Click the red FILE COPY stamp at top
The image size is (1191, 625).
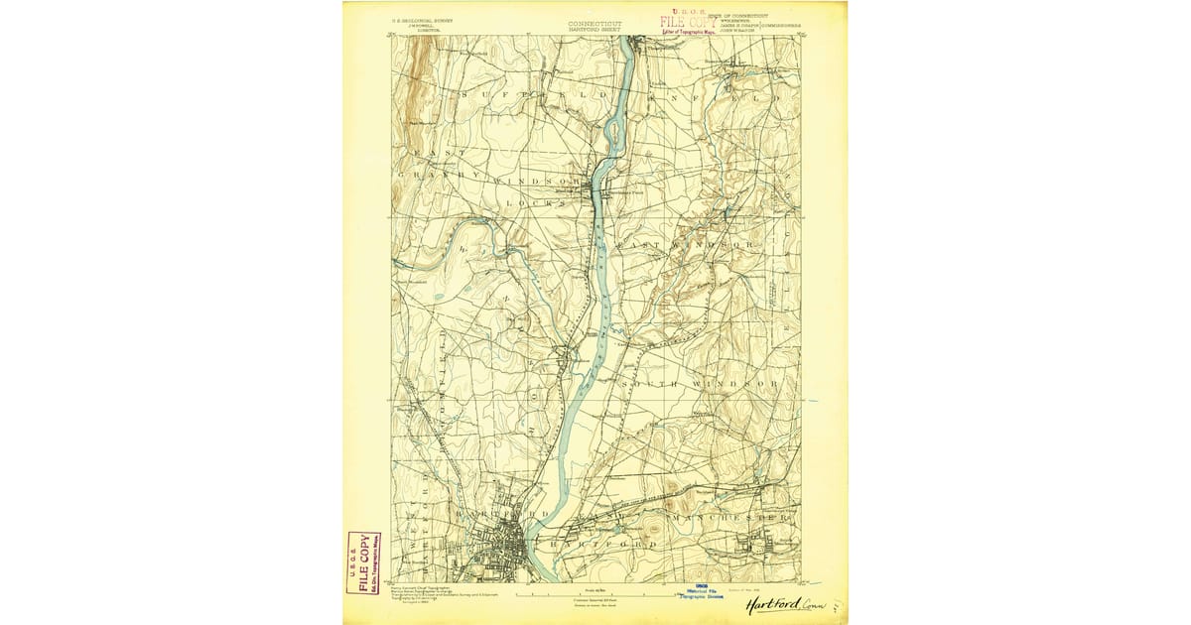coord(688,22)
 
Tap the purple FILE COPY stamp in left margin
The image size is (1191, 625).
coord(362,562)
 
